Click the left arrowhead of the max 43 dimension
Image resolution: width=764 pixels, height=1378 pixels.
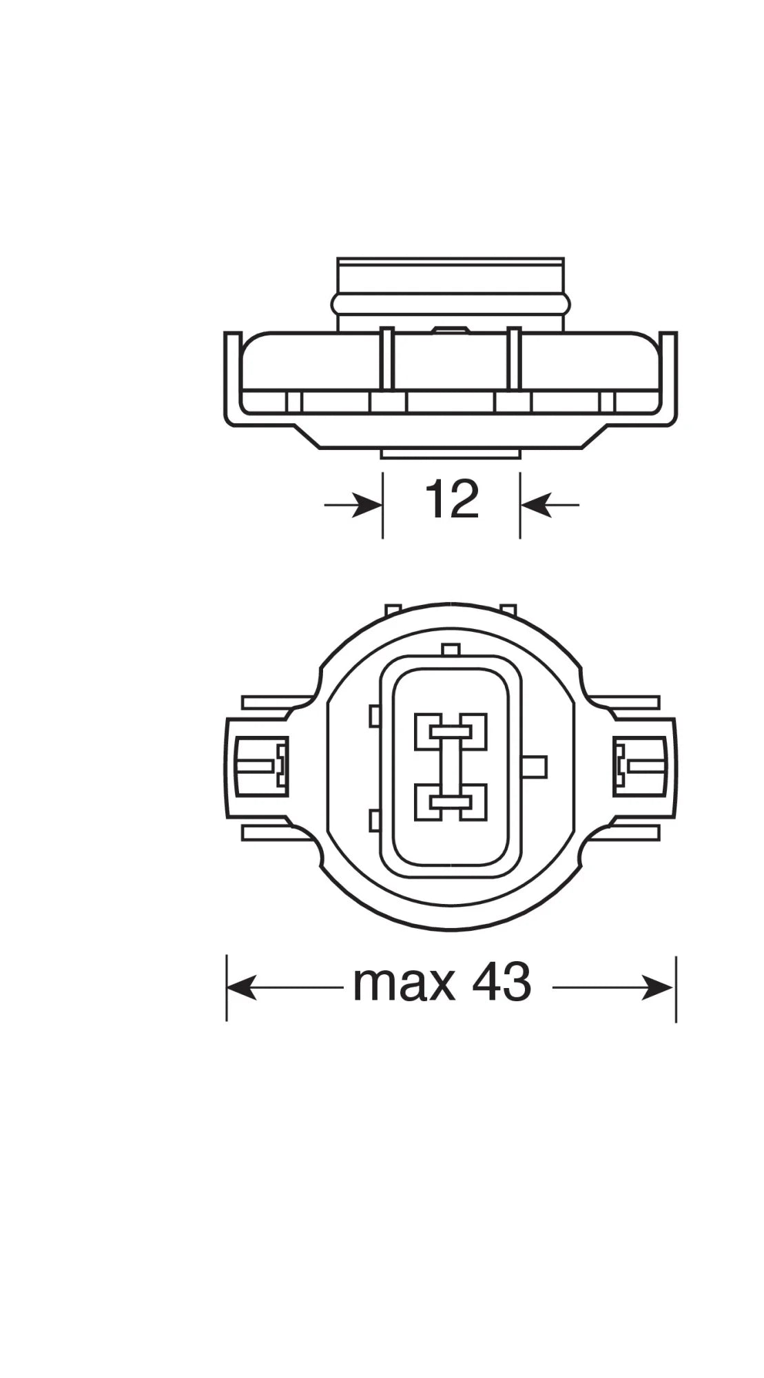pyautogui.click(x=240, y=987)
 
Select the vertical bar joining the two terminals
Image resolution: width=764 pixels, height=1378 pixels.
pyautogui.click(x=451, y=767)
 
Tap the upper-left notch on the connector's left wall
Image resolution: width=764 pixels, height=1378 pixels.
pyautogui.click(x=374, y=716)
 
